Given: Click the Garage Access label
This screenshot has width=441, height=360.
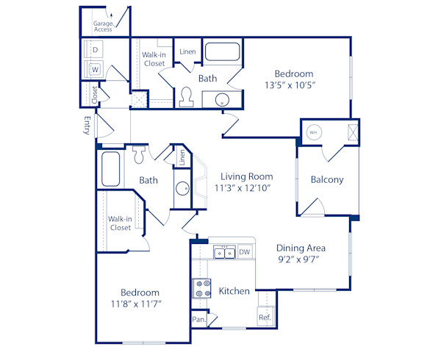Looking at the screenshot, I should pos(103,26).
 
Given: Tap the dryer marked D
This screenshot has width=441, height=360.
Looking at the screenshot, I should pos(95,50).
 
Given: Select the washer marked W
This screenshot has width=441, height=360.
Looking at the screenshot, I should pos(95,70).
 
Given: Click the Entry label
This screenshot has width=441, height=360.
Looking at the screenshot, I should pos(87,125).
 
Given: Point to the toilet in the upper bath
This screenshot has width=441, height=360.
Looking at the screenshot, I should pos(186,96).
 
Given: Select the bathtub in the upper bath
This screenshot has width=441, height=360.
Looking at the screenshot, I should pos(222,52).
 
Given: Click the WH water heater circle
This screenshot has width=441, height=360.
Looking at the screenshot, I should pos(313,133).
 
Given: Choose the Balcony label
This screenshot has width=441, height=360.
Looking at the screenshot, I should pos(326,179).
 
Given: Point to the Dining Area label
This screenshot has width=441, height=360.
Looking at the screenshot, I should pos(301,248).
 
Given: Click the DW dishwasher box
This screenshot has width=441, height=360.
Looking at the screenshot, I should pos(244,252).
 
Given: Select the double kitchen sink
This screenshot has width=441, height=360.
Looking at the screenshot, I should pos(224,253).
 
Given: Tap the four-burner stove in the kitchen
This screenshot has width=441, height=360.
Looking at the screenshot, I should pos(201,289).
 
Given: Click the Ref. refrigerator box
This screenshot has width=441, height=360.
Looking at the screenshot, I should pos(265,317).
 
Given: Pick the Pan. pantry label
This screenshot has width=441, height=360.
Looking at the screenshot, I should pos(198,320).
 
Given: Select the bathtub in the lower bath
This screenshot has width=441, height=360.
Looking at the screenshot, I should pos(112,170).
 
